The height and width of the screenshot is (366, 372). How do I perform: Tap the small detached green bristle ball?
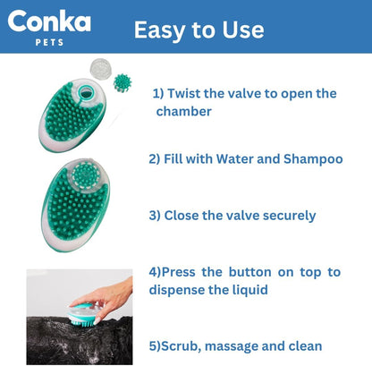(122, 81)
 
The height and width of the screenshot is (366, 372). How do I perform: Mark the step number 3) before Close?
(155, 215)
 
